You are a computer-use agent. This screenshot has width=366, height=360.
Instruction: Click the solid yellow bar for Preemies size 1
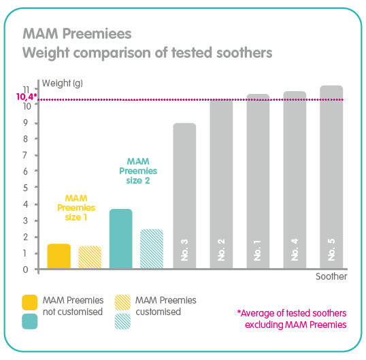59,256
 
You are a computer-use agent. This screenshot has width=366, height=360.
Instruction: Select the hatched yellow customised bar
90,257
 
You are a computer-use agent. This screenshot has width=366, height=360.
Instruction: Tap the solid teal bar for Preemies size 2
120,239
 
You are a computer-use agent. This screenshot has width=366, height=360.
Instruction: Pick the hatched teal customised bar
152,249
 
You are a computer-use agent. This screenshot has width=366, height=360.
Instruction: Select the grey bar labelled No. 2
221,184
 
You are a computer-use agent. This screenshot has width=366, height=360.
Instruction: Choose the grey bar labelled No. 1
258,182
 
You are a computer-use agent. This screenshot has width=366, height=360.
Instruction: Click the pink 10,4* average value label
26,97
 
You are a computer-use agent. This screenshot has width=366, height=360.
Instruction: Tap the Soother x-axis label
331,277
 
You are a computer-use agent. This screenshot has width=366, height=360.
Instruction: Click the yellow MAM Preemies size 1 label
76,208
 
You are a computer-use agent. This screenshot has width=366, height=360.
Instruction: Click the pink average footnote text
292,318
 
